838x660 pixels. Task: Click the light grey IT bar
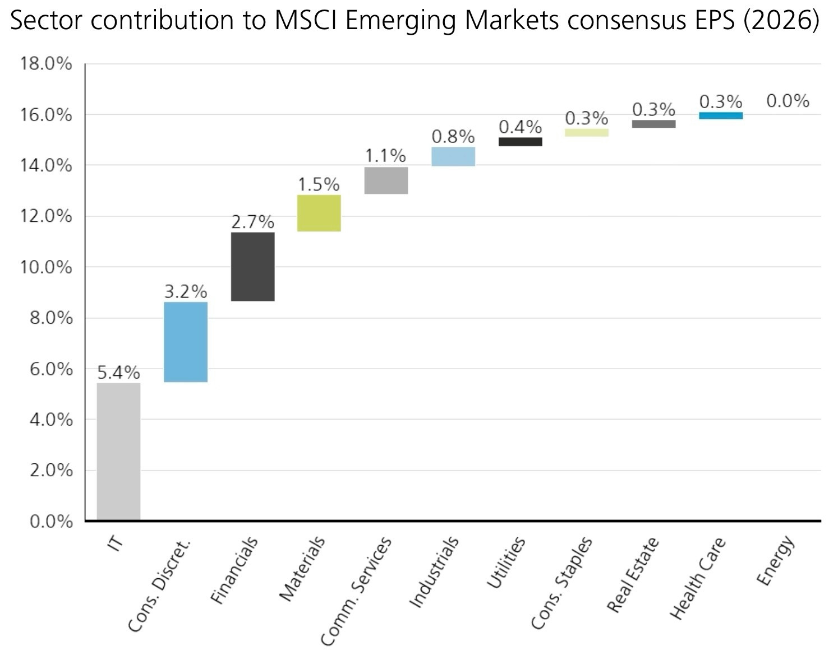click(118, 452)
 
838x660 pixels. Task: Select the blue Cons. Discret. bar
click(186, 342)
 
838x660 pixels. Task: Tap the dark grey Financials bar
click(252, 267)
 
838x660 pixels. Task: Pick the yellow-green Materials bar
click(319, 213)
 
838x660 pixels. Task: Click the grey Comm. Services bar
click(386, 180)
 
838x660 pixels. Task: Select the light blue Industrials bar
click(453, 156)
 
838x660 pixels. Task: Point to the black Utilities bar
click(520, 142)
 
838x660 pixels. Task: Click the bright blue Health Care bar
click(721, 115)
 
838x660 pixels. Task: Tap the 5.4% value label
click(118, 373)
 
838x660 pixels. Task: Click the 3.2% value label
click(186, 291)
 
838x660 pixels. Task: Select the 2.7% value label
click(252, 222)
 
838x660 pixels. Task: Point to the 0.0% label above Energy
click(788, 101)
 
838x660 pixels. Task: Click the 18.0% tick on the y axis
click(47, 64)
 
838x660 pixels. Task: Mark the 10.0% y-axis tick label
click(47, 267)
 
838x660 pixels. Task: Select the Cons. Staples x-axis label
click(561, 583)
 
